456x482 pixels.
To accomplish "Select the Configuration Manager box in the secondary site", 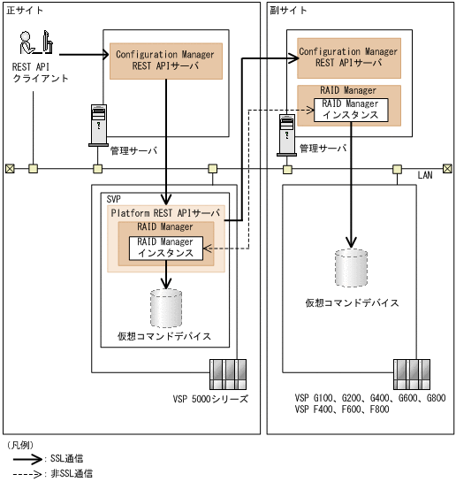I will tap(348, 57).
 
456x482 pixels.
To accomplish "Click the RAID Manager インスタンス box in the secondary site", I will tap(351, 110).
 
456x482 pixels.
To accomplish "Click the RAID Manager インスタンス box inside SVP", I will tap(165, 248).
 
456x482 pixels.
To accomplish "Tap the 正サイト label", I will tap(24, 8).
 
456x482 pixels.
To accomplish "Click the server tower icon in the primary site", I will tap(97, 126).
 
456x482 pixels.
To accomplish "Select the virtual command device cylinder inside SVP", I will tap(165, 306).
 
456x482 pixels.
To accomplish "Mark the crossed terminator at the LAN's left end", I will tap(9, 168).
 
